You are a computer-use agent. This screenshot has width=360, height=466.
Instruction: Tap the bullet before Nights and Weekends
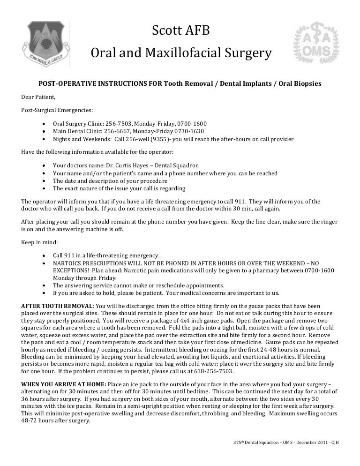(x=43, y=139)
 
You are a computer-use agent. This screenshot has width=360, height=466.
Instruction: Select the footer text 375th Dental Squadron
(x=254, y=443)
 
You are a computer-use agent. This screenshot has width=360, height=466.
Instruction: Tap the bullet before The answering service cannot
(x=43, y=286)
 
